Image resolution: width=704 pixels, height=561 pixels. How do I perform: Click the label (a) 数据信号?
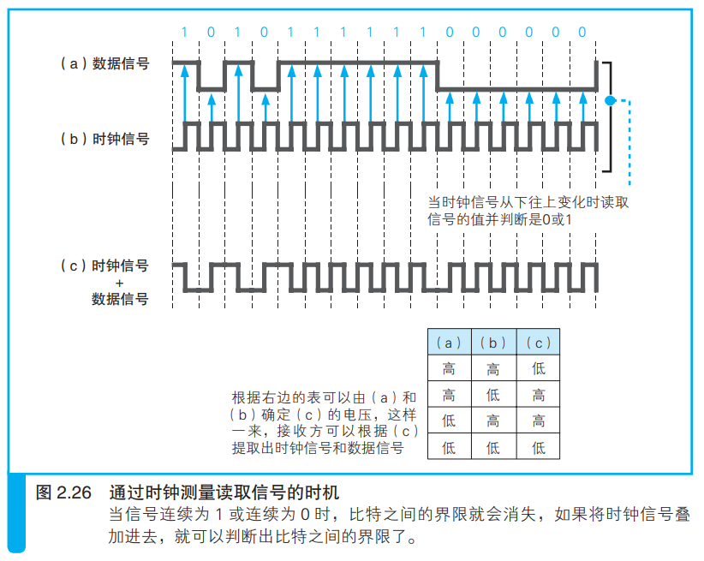[105, 63]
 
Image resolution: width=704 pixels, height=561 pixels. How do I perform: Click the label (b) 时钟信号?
[105, 139]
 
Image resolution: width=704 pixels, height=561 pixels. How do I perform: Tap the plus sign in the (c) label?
[119, 283]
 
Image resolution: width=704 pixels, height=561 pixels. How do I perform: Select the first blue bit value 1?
[184, 32]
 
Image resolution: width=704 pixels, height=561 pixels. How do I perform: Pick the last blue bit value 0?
[582, 32]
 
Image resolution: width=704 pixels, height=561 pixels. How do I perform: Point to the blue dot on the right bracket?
[610, 100]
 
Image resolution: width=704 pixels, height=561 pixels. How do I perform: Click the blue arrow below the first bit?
[184, 93]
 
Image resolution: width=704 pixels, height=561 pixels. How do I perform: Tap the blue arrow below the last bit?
[583, 107]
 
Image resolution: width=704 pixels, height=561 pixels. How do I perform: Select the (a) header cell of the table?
[450, 342]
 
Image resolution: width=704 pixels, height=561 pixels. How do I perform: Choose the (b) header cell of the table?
[494, 342]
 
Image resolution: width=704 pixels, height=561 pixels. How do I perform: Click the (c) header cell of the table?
[539, 342]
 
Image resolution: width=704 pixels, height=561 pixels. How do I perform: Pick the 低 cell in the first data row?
[539, 368]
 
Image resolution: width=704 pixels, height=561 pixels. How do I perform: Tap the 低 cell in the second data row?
[494, 394]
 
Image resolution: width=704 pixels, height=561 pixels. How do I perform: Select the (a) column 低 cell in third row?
[450, 421]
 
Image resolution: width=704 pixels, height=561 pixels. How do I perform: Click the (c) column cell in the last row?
[539, 446]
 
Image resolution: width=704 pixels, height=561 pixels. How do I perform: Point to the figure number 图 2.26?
[63, 492]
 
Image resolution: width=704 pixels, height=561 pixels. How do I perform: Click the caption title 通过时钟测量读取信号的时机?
[224, 492]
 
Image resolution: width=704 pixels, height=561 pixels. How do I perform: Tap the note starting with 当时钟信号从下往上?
[528, 211]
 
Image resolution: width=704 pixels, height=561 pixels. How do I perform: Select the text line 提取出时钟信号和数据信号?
[318, 448]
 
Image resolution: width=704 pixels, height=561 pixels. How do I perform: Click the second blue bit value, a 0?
[211, 32]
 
